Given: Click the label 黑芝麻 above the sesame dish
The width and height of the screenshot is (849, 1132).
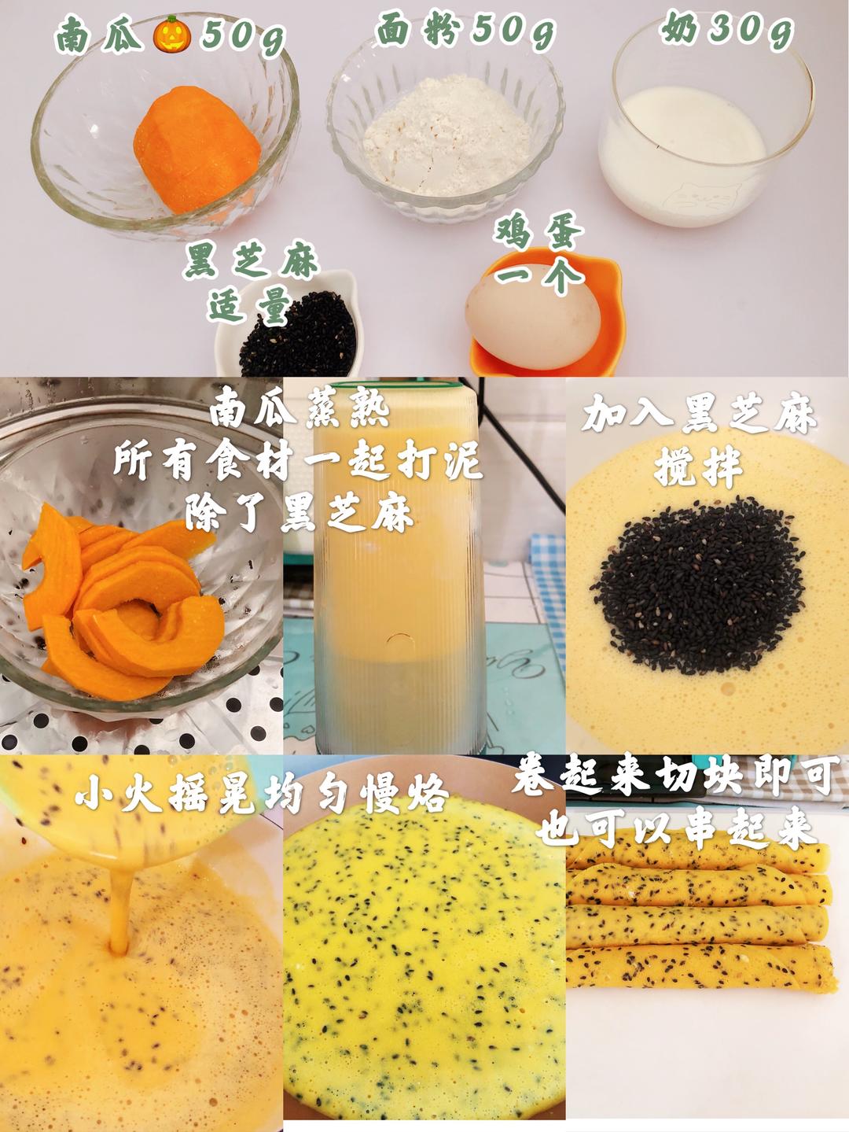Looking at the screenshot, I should pos(251,261).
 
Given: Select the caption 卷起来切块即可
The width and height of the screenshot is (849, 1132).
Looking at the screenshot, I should pos(676,777).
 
